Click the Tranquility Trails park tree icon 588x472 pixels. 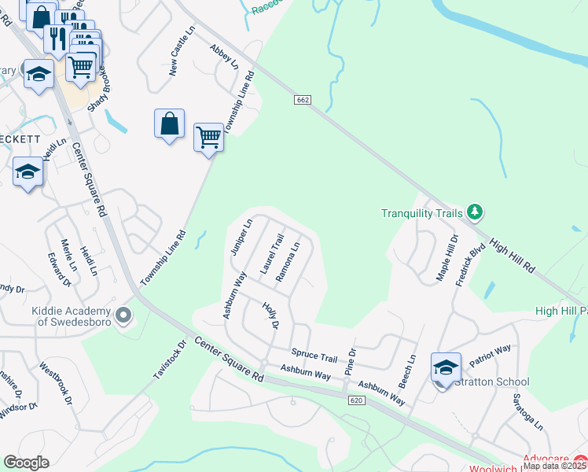pos(474,212)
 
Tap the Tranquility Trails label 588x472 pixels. pos(423,213)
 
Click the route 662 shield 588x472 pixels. pos(304,100)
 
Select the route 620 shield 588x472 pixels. pos(358,400)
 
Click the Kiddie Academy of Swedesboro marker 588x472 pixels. pos(123,316)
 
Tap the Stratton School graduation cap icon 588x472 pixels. pos(445,368)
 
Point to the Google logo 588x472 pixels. pos(27,463)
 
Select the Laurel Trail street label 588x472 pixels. pos(271,253)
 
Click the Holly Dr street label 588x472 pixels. pos(271,316)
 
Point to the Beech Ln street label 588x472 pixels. pos(409,368)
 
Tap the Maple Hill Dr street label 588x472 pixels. pos(447,258)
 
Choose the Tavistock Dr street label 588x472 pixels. pos(170,361)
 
